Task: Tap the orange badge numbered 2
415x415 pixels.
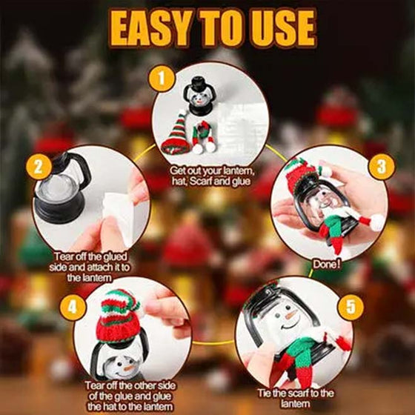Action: tap(39, 166)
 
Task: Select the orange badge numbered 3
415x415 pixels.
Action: tap(381, 166)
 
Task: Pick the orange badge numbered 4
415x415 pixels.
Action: tap(72, 304)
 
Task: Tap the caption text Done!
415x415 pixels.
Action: tap(327, 263)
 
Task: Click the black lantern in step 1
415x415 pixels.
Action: tap(201, 96)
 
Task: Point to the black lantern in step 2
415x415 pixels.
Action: tap(61, 189)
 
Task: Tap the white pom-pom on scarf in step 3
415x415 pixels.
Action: tap(377, 222)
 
